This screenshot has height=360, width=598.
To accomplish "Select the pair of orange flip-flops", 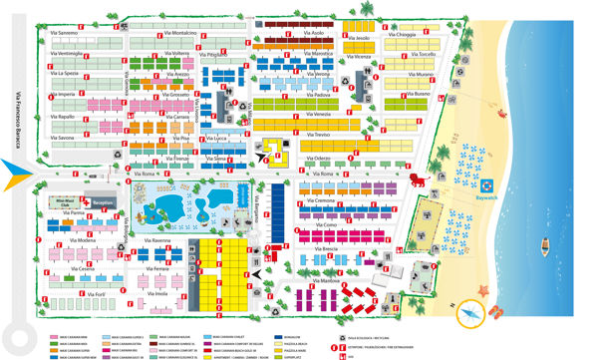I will [495, 311].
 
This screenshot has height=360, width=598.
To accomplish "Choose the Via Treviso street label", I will [317, 134].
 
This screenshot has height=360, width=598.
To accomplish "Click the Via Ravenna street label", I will [162, 241].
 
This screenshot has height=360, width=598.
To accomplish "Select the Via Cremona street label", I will [325, 200].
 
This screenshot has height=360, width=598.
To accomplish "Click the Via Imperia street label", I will [62, 94].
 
